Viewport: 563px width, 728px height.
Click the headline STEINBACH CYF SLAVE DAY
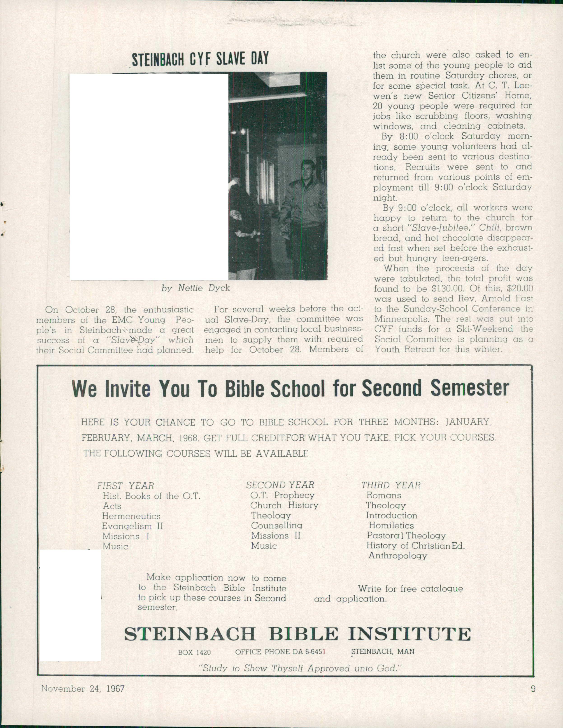(x=200, y=59)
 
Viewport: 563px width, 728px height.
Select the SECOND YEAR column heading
(x=280, y=485)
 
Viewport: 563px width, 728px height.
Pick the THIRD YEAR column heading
(x=391, y=485)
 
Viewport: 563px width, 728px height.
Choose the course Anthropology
(x=398, y=556)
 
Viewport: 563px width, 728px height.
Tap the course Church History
(x=284, y=505)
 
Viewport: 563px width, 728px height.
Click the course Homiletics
(x=391, y=526)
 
